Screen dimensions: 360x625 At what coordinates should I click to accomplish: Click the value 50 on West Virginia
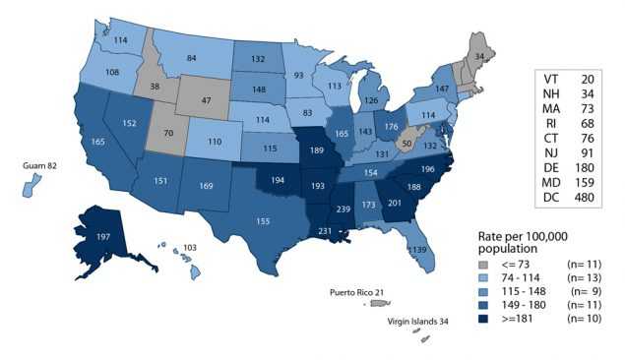[x=406, y=144]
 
